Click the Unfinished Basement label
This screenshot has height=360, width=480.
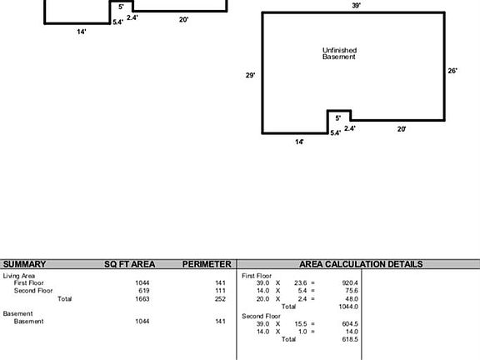click(x=339, y=53)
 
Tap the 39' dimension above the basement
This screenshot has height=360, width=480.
click(x=356, y=5)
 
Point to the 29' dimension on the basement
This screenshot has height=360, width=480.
click(x=250, y=75)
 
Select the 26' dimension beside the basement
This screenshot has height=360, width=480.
click(x=452, y=71)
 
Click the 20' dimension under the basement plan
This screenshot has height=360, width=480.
click(x=402, y=129)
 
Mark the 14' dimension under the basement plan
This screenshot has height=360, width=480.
click(x=299, y=142)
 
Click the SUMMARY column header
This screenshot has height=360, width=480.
click(x=24, y=264)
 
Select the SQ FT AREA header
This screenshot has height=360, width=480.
click(x=129, y=264)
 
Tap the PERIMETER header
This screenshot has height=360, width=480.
click(x=207, y=264)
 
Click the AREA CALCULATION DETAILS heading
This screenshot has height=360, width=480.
click(x=361, y=264)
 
